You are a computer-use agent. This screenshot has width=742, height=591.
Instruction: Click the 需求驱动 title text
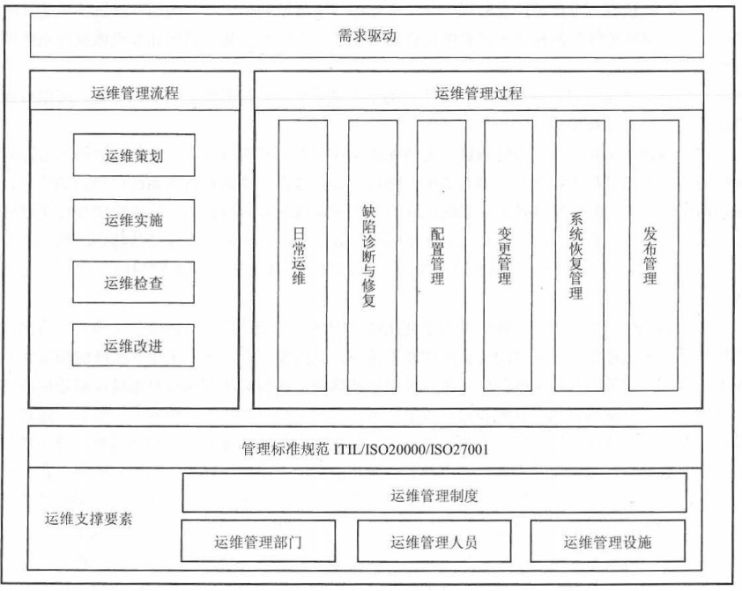click(x=367, y=35)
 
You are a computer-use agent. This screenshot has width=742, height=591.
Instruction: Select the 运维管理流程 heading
click(x=135, y=92)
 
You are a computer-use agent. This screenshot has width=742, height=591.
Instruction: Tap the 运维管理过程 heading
click(x=479, y=92)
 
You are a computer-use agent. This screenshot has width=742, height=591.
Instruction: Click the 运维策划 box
click(x=134, y=155)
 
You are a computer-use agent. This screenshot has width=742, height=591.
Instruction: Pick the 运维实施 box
click(x=133, y=220)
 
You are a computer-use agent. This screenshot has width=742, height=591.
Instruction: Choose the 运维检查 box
click(x=133, y=282)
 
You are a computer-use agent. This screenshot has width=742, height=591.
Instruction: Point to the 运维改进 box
click(x=133, y=345)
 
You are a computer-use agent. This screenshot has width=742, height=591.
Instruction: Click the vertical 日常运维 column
click(x=302, y=255)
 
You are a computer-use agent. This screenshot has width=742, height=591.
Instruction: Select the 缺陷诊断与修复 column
click(x=372, y=255)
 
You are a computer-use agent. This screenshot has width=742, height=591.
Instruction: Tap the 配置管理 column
click(x=441, y=255)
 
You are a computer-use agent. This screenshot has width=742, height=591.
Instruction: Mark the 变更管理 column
click(x=508, y=255)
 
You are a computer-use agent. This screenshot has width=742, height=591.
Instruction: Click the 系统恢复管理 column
click(x=579, y=255)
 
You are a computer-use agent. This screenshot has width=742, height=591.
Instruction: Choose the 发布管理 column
click(x=654, y=255)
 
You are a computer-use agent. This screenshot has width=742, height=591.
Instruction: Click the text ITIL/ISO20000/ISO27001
click(x=411, y=448)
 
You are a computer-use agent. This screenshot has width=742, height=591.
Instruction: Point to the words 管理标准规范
click(x=285, y=448)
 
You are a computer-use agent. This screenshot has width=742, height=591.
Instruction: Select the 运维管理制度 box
click(x=434, y=492)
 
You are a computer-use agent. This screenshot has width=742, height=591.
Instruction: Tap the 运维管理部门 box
click(x=258, y=541)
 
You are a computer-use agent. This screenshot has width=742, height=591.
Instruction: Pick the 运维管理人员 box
click(x=434, y=541)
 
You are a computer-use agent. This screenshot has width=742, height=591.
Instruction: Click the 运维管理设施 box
click(x=607, y=541)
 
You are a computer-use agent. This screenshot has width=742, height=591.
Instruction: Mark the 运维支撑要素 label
click(x=88, y=519)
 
